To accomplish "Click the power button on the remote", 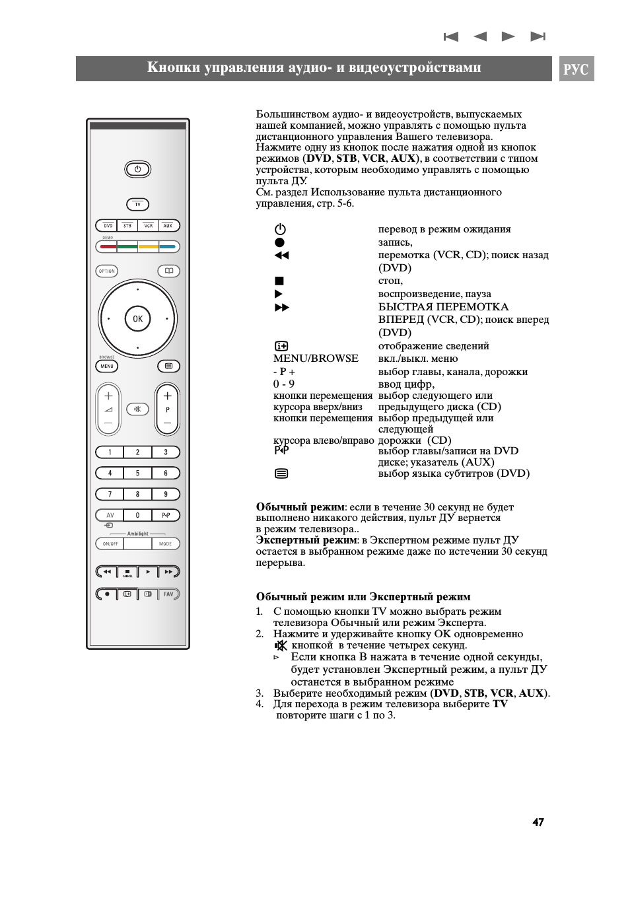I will [x=137, y=169].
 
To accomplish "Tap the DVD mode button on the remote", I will [x=108, y=226].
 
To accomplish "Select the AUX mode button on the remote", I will [x=168, y=226].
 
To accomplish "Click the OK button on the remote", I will [x=137, y=319].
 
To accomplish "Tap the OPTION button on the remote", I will [x=107, y=271].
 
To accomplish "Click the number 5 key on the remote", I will [x=137, y=473].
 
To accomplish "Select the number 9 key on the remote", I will [x=166, y=494].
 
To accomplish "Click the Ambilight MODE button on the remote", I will [x=165, y=544].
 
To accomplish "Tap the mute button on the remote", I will [x=137, y=409].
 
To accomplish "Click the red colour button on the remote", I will [x=108, y=247].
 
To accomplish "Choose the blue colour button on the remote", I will [x=168, y=247].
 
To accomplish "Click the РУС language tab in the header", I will [x=576, y=69].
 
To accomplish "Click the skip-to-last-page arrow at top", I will [x=538, y=36].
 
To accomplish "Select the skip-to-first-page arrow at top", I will [x=451, y=36].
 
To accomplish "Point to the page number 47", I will [x=538, y=822].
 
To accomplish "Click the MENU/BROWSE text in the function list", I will [x=316, y=359].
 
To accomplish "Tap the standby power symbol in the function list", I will [x=280, y=229].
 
